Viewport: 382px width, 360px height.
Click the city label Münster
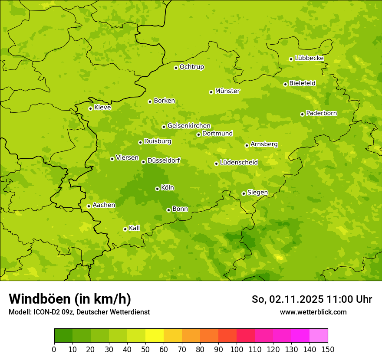click(x=227, y=91)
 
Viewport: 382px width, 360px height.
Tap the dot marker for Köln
click(x=157, y=189)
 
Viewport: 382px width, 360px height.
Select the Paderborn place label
click(x=321, y=113)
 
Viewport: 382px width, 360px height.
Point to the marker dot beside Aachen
click(x=89, y=206)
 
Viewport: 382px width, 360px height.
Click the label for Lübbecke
click(x=309, y=58)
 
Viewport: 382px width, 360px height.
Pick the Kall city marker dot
click(x=125, y=229)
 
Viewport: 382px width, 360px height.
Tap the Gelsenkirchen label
click(x=189, y=126)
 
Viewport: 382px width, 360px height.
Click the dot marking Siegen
click(x=244, y=193)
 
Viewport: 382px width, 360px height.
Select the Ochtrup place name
click(x=191, y=67)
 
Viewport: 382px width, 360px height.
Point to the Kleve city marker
click(x=90, y=108)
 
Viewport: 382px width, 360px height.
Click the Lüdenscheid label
click(x=239, y=163)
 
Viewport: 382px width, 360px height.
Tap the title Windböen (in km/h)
click(x=70, y=299)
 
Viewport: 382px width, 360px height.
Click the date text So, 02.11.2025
click(x=287, y=299)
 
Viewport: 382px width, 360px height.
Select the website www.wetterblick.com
click(x=313, y=312)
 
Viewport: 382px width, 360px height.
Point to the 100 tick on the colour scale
click(x=237, y=349)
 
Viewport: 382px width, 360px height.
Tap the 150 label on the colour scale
click(x=328, y=349)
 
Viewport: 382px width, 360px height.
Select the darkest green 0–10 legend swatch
click(x=63, y=336)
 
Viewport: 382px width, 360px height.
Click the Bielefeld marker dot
click(x=285, y=84)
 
